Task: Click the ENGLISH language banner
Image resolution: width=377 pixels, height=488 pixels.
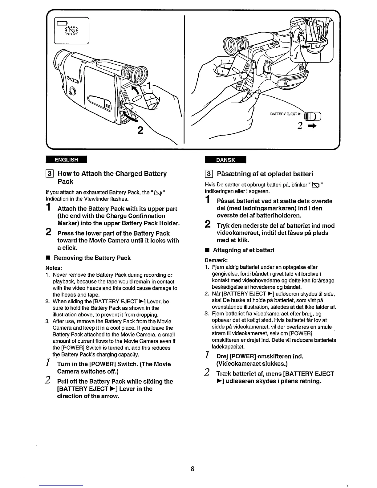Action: pos(66,160)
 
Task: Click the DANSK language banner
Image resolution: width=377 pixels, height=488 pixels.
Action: pos(225,160)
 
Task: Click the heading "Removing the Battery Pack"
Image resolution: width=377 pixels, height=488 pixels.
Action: pos(92,258)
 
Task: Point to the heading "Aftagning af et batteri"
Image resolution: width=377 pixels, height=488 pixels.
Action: pos(243,250)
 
